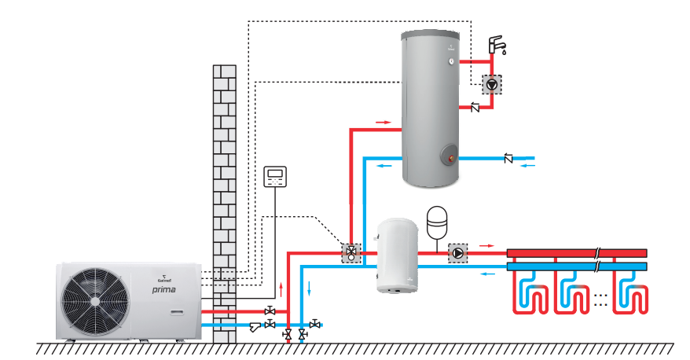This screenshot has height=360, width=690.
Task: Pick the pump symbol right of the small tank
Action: click(457, 253)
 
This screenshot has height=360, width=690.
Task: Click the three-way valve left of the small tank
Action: click(351, 253)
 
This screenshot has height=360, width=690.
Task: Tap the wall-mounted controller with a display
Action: click(276, 176)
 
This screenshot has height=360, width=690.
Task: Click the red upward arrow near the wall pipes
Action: click(281, 284)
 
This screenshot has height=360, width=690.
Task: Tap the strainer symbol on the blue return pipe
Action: click(255, 325)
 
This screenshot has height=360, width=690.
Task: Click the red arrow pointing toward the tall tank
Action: click(383, 122)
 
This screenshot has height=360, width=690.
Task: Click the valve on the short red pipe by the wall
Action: click(270, 311)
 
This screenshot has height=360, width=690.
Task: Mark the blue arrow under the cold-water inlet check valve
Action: click(529, 167)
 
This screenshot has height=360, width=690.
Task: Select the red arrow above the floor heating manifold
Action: click(487, 245)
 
